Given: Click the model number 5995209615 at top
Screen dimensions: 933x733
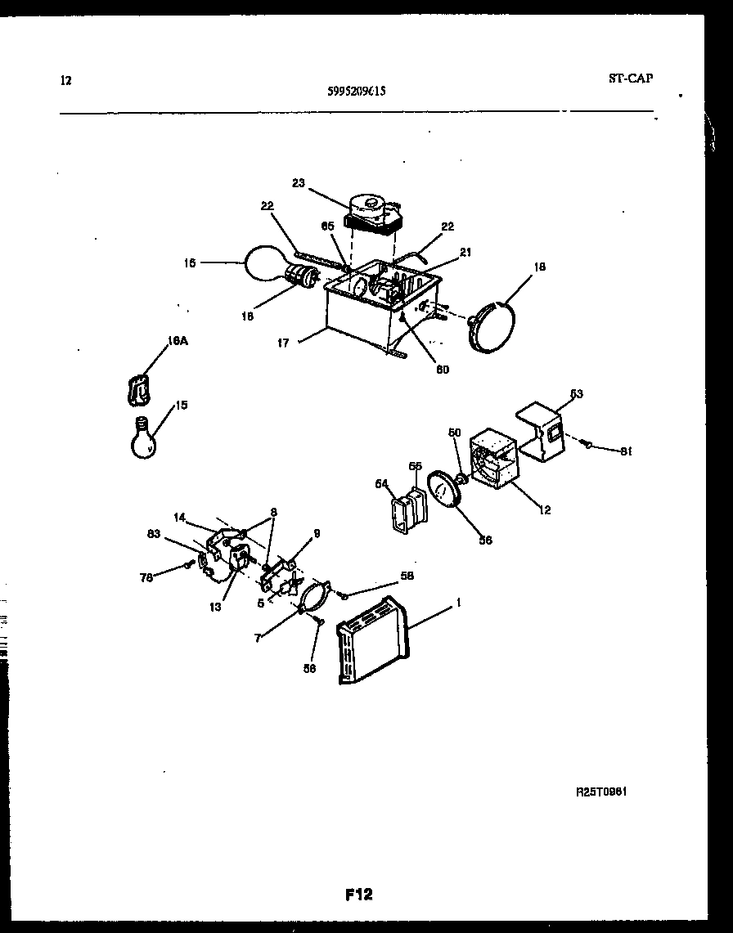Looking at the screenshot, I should click(x=356, y=92).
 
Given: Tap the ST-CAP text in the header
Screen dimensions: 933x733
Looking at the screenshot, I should click(x=630, y=79).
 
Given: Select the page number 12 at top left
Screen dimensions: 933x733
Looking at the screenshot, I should click(x=66, y=80).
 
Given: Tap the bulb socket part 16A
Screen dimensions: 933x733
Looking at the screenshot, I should click(x=140, y=390).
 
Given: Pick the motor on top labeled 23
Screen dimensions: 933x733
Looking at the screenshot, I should click(x=372, y=213).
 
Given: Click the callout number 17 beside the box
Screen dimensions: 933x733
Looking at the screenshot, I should click(x=282, y=343).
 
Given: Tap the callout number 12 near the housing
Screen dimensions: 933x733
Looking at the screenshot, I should click(x=544, y=510).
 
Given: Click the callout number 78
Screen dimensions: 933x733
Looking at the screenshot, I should click(x=146, y=578).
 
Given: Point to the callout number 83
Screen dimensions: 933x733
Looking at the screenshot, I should click(x=154, y=534).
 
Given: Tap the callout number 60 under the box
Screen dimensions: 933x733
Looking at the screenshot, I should click(x=442, y=369).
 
